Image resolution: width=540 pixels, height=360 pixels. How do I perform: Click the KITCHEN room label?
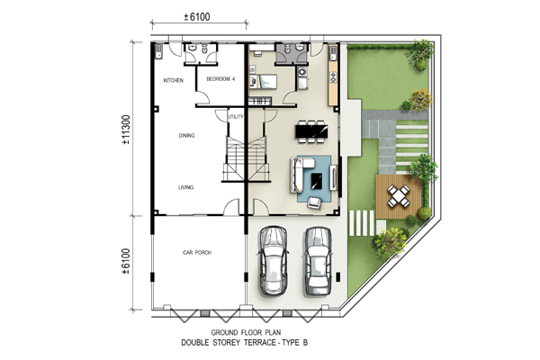pos(173,81)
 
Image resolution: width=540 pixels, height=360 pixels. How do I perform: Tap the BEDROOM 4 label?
pos(220,79)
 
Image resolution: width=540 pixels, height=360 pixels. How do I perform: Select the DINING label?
pos(186,136)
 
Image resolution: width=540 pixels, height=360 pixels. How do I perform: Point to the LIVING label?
pos(185,187)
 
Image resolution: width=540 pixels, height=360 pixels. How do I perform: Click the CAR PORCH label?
pos(197,253)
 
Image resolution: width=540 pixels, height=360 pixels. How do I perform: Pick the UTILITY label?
pos(236,116)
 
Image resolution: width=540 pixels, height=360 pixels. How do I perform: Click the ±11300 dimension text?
pos(126,130)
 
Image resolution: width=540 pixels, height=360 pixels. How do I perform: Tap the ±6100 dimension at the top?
pos(196,16)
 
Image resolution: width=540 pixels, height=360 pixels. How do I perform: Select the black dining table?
pos(311,131)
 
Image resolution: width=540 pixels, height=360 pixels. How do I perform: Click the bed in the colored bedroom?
pos(264,81)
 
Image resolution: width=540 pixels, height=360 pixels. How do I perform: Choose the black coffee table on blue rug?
pos(317,181)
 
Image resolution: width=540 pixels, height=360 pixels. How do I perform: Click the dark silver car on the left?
pos(274,261)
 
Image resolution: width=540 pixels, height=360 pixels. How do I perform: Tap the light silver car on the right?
pos(319,261)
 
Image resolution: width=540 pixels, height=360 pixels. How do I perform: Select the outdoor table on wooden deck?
pos(399,196)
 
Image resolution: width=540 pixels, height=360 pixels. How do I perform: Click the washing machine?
pos(302,72)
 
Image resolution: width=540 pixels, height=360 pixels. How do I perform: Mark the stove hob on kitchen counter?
pos(333,76)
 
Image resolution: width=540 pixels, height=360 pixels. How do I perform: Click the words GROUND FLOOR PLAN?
pos(246,332)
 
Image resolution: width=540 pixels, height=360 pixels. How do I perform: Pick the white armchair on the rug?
pos(314,202)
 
